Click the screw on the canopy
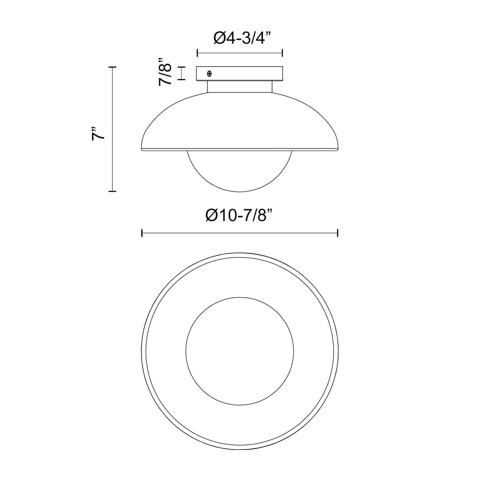pos(210,73)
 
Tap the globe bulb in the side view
pos(239,171)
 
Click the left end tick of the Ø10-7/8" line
pos(142,233)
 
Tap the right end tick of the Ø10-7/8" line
pos(337,233)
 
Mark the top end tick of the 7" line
pos(113,67)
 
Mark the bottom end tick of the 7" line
pos(113,191)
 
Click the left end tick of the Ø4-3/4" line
pos(197,53)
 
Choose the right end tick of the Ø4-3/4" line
pos(282,53)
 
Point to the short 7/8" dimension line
pos(181,73)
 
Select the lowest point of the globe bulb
pos(240,192)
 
